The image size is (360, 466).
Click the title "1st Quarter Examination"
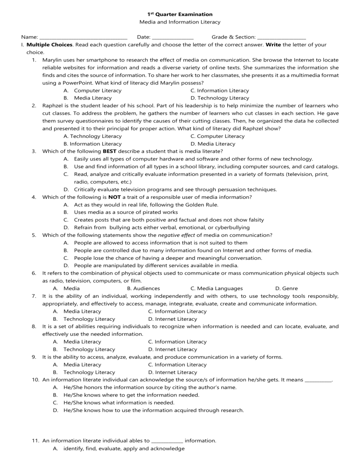tap(180, 15)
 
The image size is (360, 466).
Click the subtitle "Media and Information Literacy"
tap(180, 22)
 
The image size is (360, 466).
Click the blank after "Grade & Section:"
tap(282, 37)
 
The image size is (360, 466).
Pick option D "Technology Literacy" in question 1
tap(220, 98)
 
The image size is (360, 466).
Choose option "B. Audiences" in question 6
tap(143, 288)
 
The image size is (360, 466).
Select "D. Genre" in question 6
tap(286, 288)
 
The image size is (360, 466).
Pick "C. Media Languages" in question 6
tap(217, 288)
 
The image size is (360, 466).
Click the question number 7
tap(35, 296)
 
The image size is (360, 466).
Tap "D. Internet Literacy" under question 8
tap(172, 349)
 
